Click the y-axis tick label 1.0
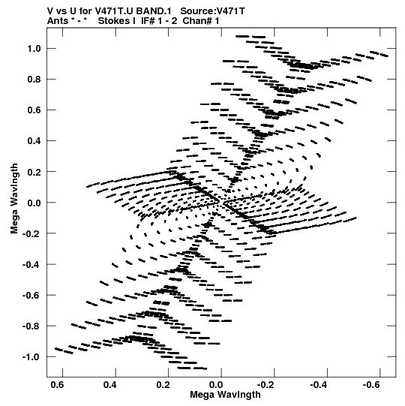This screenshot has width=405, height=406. [x=34, y=49]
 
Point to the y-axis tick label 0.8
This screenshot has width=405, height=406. [x=34, y=80]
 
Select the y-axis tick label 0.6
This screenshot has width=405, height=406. [x=34, y=110]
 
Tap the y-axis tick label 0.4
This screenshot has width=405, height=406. [x=34, y=141]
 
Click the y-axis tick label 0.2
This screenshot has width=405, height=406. [x=34, y=172]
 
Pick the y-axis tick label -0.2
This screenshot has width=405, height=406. [x=31, y=233]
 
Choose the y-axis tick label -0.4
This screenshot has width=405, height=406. [x=31, y=264]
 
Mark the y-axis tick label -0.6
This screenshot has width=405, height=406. [x=31, y=295]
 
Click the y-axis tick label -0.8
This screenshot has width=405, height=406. [x=31, y=326]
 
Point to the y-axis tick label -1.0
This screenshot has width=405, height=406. [x=31, y=356]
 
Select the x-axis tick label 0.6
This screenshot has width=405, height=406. [x=58, y=384]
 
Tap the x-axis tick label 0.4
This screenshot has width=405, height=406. [x=110, y=384]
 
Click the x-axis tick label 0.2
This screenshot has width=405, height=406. [x=163, y=384]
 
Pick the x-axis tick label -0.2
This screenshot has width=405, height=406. [x=266, y=384]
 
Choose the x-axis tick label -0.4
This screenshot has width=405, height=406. [x=319, y=384]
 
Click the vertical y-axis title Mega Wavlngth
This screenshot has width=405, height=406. [x=14, y=199]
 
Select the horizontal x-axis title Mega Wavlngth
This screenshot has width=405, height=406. [x=225, y=395]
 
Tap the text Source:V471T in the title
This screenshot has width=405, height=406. [x=212, y=11]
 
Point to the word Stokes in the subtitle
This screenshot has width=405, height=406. [x=117, y=21]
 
